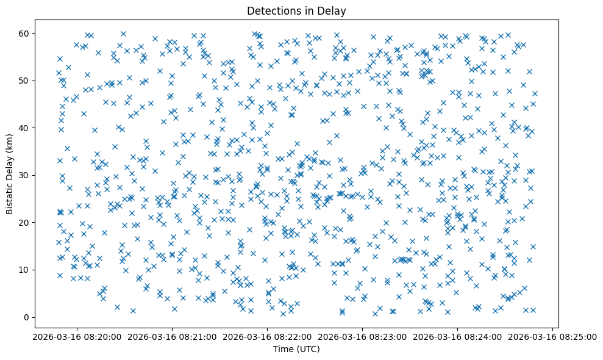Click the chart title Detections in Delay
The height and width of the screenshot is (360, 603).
(x=296, y=10)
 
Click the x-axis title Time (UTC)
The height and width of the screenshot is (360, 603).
(x=296, y=349)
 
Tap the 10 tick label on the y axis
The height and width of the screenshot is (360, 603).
(x=26, y=270)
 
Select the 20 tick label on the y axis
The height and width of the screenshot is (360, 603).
(x=26, y=223)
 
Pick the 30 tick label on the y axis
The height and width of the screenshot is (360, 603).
(x=26, y=175)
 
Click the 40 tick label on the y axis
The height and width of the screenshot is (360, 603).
(x=26, y=128)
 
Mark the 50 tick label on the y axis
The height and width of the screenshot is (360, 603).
(x=26, y=81)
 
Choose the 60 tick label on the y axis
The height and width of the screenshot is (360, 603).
(x=26, y=34)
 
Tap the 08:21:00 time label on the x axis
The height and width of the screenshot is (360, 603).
(x=171, y=337)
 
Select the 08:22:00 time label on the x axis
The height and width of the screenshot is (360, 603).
(x=266, y=337)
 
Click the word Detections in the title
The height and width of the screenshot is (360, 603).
(x=270, y=10)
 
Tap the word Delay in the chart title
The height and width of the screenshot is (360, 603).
(x=334, y=10)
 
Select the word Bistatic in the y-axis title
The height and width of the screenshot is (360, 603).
(x=10, y=198)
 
